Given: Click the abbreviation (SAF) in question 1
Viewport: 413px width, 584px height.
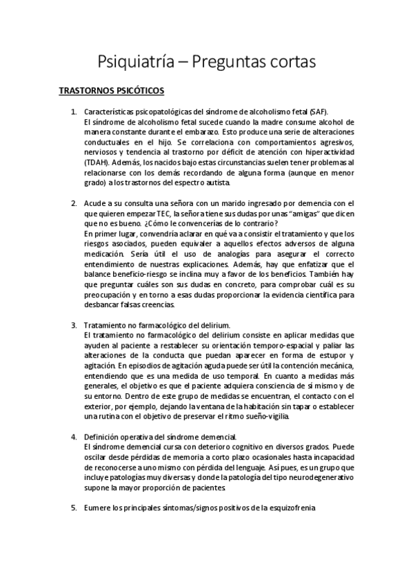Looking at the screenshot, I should (x=317, y=112).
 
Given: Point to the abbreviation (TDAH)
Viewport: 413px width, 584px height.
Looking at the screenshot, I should (x=95, y=160).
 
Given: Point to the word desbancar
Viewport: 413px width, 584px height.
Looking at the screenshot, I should (x=102, y=304).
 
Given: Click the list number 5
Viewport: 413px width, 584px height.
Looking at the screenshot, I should (x=74, y=508).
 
